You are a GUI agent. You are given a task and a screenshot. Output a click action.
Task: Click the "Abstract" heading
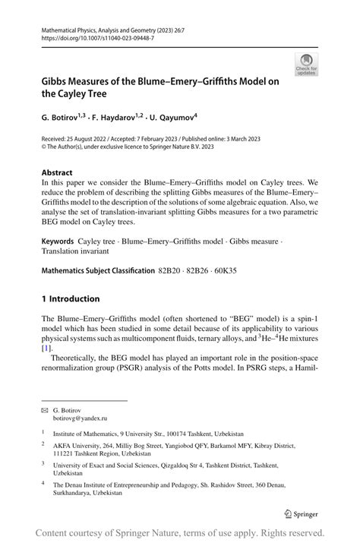[58, 172]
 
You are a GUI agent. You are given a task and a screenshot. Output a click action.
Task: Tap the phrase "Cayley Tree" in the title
[87, 94]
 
